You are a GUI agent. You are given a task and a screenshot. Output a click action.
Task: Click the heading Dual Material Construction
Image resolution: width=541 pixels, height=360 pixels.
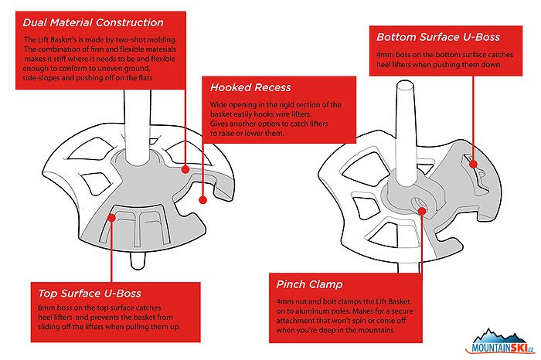pyautogui.click(x=94, y=22)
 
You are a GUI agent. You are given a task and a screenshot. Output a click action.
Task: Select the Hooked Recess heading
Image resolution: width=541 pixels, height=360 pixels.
pyautogui.click(x=250, y=87)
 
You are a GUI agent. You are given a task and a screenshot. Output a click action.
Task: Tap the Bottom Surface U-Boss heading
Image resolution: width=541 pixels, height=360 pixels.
pyautogui.click(x=438, y=37)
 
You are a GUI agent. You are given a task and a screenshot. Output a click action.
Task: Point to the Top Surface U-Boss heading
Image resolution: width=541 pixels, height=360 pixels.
pyautogui.click(x=90, y=294)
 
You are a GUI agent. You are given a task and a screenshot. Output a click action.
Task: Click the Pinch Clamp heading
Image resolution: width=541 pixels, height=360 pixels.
pyautogui.click(x=309, y=284)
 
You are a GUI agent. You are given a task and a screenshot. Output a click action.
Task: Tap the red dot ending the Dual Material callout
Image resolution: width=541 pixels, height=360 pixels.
pyautogui.click(x=185, y=169)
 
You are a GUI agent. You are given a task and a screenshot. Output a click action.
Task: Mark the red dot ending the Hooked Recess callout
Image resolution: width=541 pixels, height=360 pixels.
pyautogui.click(x=202, y=199)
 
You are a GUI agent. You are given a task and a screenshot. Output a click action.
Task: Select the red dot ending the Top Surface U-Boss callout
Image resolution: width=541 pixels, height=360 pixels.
pyautogui.click(x=111, y=218)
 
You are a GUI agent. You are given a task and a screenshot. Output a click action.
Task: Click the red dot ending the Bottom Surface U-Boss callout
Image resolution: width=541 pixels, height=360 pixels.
pyautogui.click(x=473, y=165)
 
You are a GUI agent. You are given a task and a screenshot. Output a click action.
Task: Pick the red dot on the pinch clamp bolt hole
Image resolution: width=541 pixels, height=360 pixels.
pyautogui.click(x=421, y=211)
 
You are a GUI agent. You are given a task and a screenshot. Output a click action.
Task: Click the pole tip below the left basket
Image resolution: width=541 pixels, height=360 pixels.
pyautogui.click(x=138, y=261)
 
